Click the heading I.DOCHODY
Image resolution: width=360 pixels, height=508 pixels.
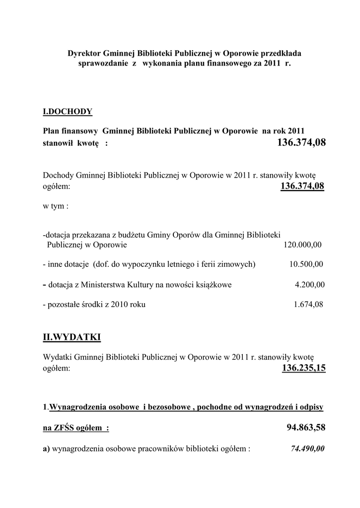pyautogui.click(x=68, y=112)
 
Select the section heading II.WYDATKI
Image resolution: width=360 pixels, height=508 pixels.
pyautogui.click(x=72, y=337)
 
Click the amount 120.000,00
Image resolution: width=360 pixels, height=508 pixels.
pyautogui.click(x=302, y=245)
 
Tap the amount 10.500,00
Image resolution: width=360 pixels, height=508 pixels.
pyautogui.click(x=306, y=264)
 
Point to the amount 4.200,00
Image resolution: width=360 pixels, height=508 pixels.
pyautogui.click(x=309, y=285)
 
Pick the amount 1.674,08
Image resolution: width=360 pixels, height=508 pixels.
pyautogui.click(x=308, y=304)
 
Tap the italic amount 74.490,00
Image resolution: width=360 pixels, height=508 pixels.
pyautogui.click(x=307, y=448)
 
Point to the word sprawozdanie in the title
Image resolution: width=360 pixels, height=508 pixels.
pyautogui.click(x=103, y=63)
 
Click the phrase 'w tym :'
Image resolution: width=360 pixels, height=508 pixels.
pyautogui.click(x=55, y=206)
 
